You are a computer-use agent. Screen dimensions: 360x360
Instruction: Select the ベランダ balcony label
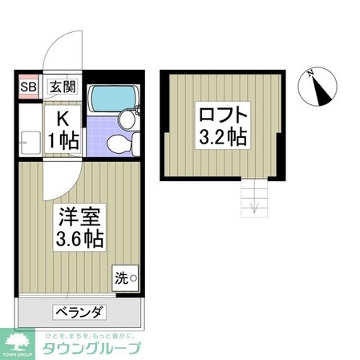pos(79,312)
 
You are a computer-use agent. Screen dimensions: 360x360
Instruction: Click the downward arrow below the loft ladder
pos(253,209)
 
